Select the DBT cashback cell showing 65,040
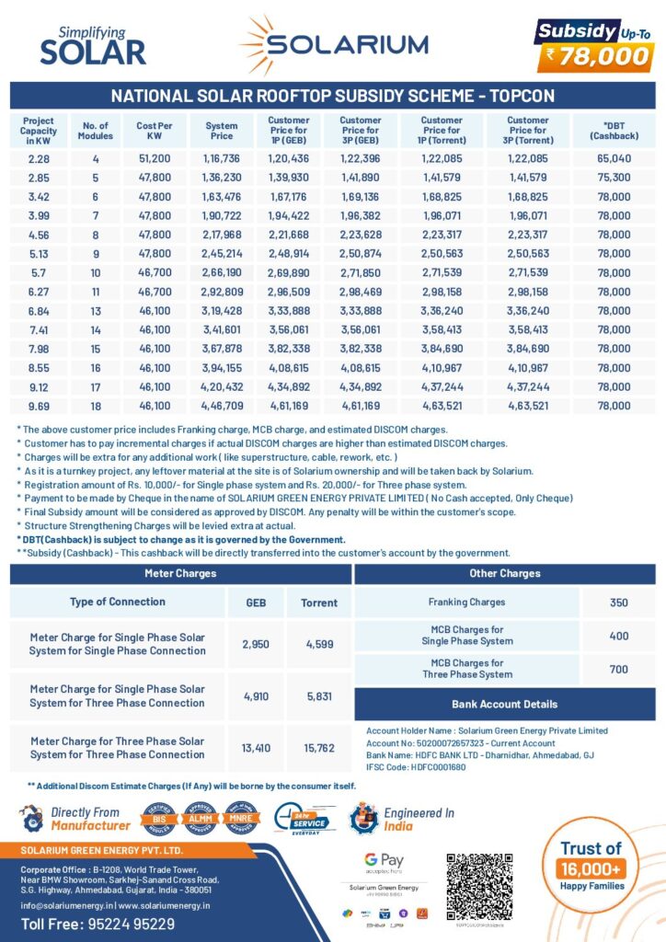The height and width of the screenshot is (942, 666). (614, 158)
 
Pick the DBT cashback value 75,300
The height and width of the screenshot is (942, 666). (614, 177)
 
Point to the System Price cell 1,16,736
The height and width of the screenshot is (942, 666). (222, 158)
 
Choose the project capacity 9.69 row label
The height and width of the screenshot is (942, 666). (39, 405)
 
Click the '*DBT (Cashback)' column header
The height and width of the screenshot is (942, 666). (614, 131)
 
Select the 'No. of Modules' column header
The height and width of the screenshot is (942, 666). (95, 131)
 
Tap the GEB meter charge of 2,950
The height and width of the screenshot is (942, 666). (255, 644)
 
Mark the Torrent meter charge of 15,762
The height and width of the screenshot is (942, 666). (319, 748)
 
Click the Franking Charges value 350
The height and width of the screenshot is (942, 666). (618, 603)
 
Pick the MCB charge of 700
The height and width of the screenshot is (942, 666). (618, 669)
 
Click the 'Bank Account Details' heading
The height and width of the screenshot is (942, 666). (504, 705)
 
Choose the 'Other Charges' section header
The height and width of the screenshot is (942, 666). (504, 573)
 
